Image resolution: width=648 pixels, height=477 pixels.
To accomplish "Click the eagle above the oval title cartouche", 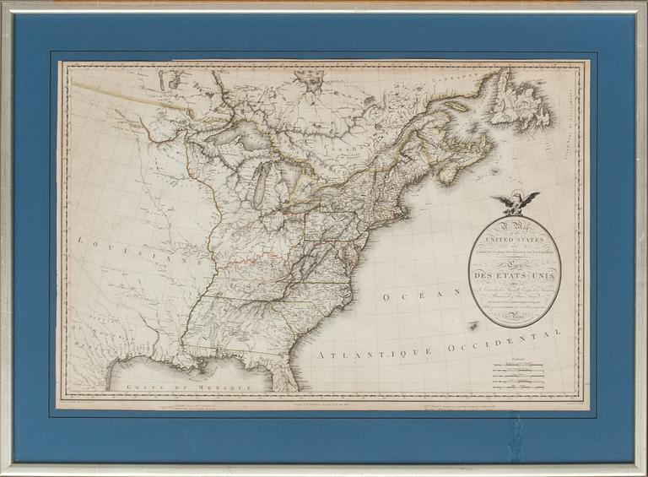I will click(x=516, y=203).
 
